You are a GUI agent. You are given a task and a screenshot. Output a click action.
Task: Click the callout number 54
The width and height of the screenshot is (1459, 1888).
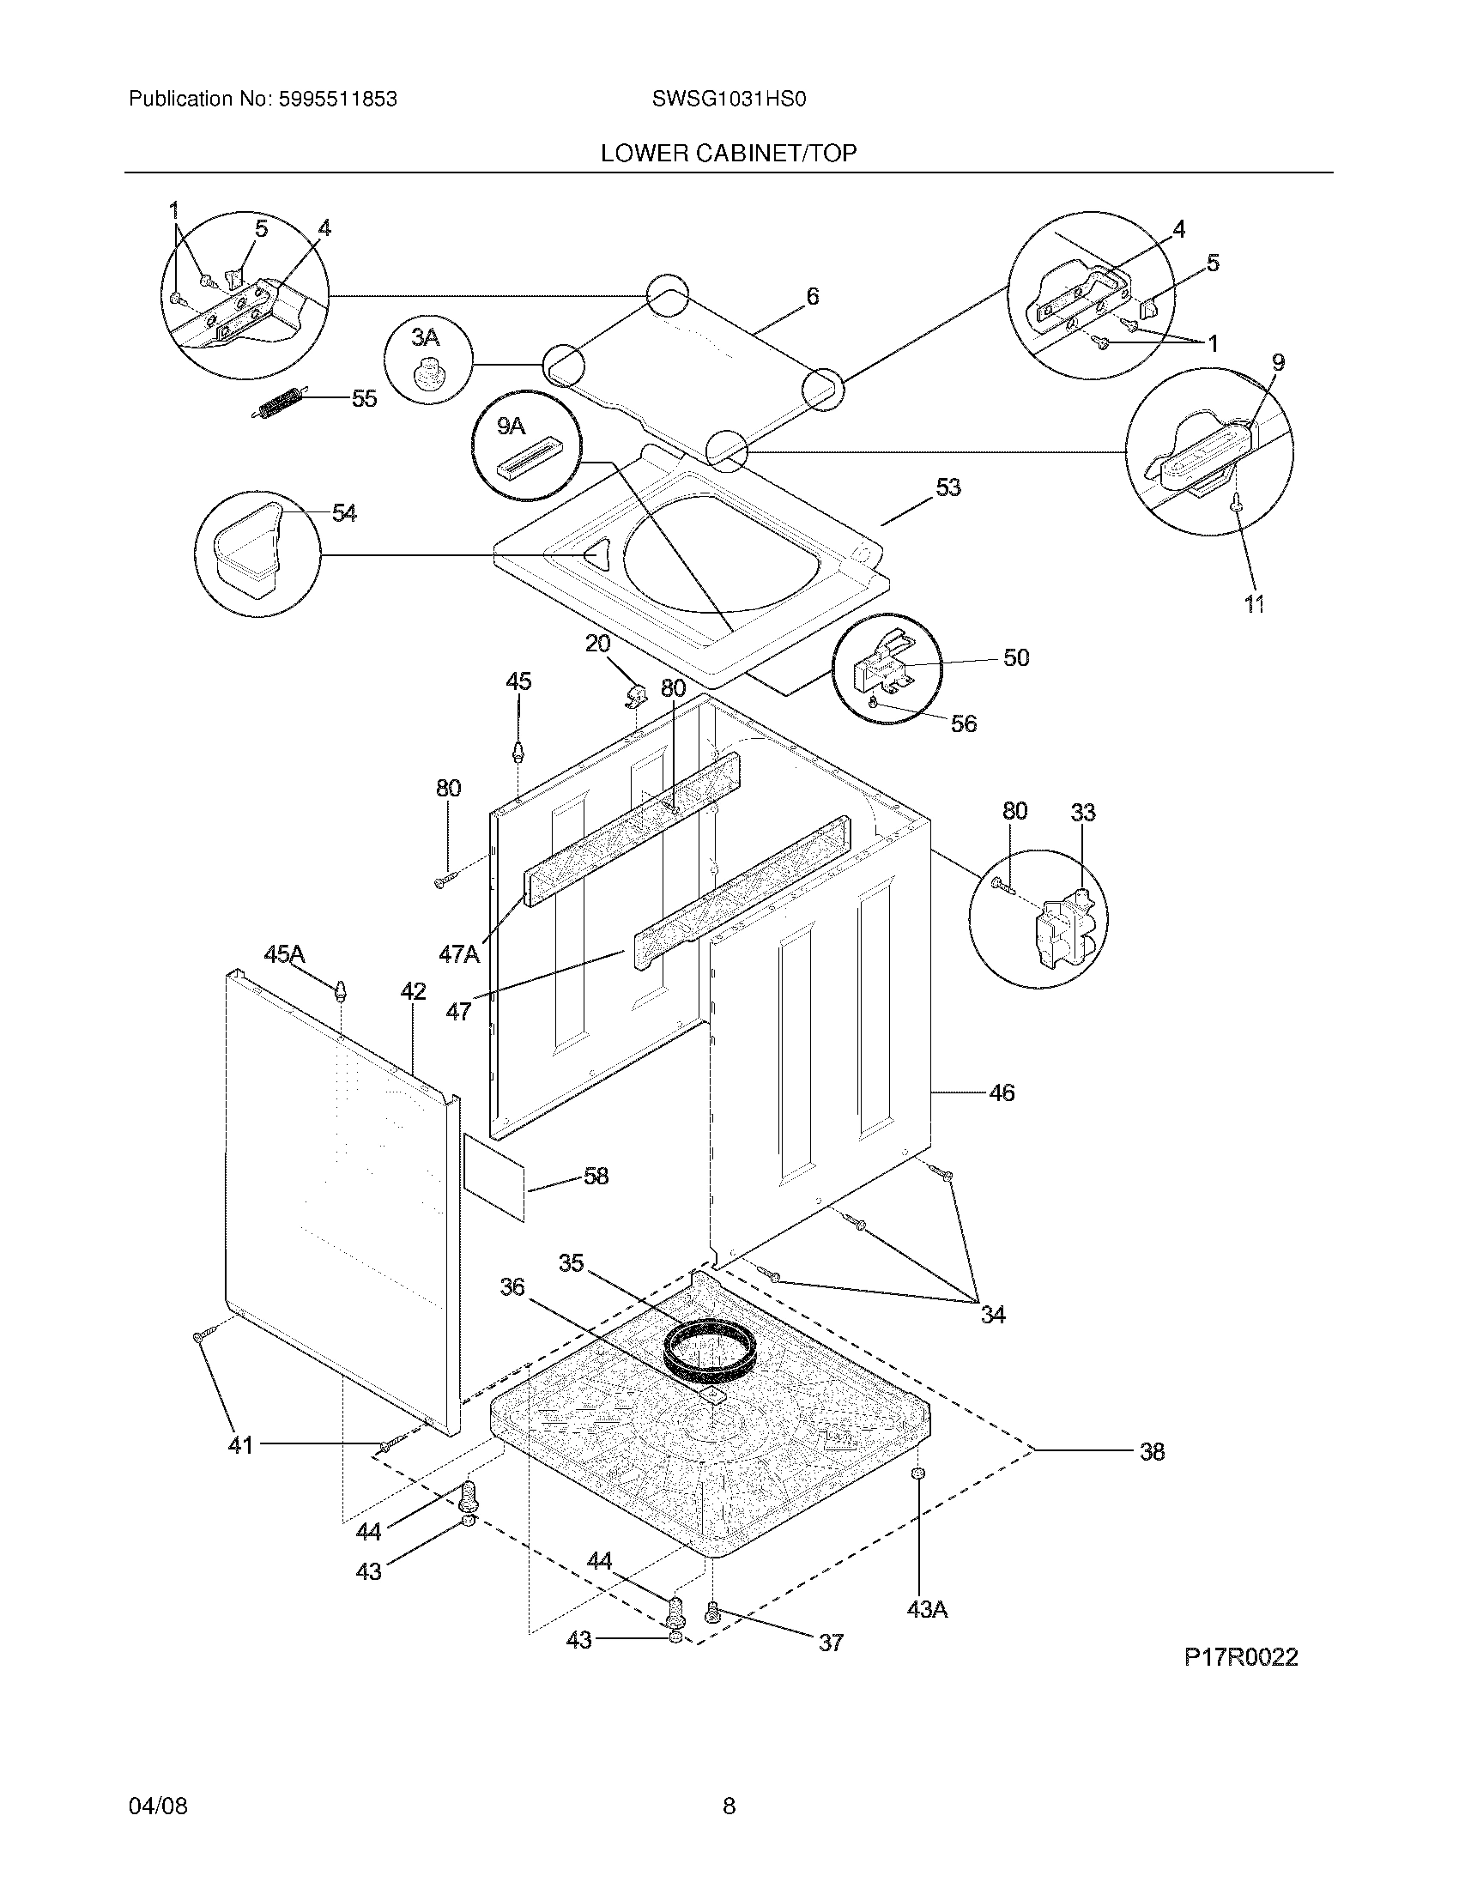click(x=344, y=513)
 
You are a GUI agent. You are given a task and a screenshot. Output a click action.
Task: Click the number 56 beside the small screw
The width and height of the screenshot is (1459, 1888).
click(x=963, y=723)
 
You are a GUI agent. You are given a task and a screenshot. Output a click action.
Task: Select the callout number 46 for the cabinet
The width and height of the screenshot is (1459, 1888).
click(x=1001, y=1092)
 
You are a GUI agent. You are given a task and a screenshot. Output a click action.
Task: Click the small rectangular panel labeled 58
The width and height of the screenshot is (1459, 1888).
click(x=494, y=1177)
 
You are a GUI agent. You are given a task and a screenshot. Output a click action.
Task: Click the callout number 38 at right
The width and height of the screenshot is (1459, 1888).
click(x=1151, y=1452)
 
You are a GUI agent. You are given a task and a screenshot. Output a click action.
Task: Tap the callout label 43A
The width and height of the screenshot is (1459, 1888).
click(x=927, y=1610)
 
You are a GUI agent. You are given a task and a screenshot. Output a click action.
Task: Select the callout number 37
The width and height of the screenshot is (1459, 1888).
click(x=830, y=1642)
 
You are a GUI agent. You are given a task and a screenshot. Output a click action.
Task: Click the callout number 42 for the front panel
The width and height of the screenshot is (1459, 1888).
click(x=412, y=991)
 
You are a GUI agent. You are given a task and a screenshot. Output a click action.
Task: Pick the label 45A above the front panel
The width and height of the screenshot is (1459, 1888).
click(x=284, y=954)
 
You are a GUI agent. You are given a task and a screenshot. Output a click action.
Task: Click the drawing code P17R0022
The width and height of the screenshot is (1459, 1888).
click(x=1240, y=1657)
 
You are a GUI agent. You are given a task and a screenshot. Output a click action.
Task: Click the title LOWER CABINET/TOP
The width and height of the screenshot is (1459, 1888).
click(x=729, y=154)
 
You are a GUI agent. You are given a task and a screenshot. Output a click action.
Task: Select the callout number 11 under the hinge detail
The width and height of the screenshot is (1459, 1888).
click(x=1254, y=604)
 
